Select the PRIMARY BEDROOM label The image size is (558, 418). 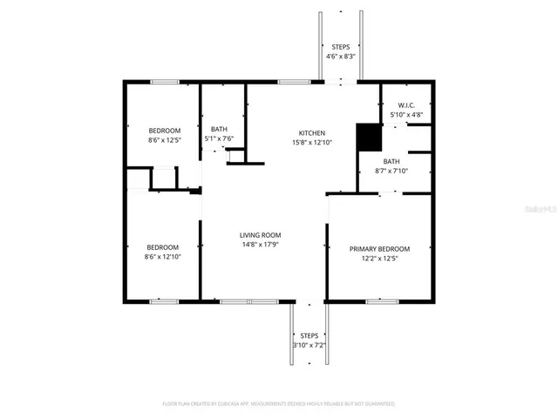click(379, 249)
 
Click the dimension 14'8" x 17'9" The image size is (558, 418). click(261, 245)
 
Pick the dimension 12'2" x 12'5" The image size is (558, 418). click(379, 259)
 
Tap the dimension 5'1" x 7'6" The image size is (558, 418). click(219, 138)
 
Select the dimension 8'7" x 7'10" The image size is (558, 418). click(391, 171)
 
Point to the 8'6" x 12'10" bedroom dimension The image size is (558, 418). click(162, 256)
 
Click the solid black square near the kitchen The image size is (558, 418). click(369, 137)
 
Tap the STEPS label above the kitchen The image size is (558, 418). click(341, 46)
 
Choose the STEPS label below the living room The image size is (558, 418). click(310, 335)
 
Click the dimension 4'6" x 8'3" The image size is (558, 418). click(341, 56)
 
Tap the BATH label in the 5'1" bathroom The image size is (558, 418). click(219, 129)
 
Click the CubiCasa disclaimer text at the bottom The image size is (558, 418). click(279, 404)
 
